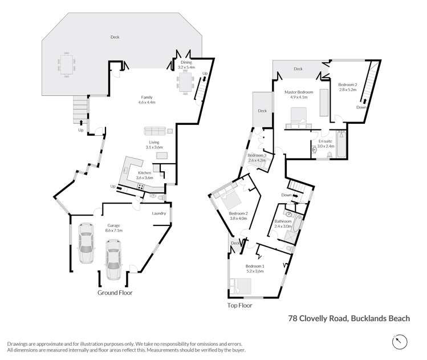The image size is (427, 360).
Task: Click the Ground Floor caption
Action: click(x=114, y=293)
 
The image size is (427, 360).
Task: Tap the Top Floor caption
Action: click(x=239, y=305)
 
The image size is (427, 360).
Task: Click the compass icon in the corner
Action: click(x=400, y=342)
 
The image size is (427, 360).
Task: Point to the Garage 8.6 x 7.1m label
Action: click(x=115, y=228)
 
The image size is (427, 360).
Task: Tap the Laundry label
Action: click(x=158, y=213)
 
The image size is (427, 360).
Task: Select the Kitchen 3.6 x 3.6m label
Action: click(x=144, y=175)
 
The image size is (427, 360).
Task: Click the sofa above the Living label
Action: click(x=154, y=131)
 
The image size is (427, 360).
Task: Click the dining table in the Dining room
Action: click(x=186, y=84)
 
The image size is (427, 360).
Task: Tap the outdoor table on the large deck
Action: click(x=67, y=64)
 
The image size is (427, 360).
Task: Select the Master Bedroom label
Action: click(x=299, y=94)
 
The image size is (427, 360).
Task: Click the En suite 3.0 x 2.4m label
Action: click(x=326, y=143)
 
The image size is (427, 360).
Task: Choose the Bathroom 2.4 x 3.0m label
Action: click(x=283, y=223)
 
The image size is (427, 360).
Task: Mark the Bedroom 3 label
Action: click(x=257, y=158)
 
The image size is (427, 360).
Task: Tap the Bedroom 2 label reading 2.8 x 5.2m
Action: click(x=347, y=87)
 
